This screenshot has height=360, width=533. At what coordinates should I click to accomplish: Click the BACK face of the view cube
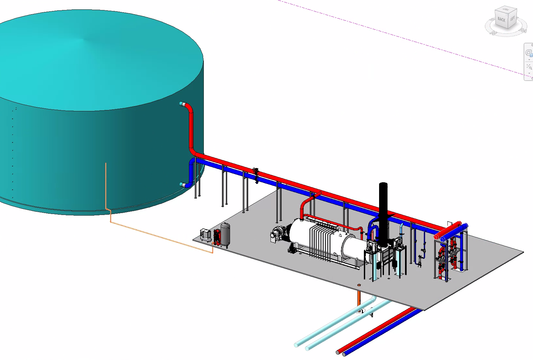click(501, 20)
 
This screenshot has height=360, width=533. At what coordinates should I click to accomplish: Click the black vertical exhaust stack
click(383, 214)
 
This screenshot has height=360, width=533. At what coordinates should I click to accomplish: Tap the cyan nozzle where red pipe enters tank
click(182, 104)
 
